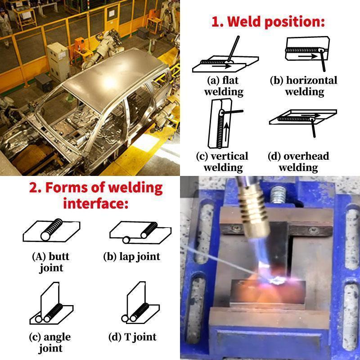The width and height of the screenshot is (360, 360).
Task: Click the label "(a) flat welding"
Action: tap(224, 86)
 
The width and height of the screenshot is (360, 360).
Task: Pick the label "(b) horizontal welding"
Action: tap(304, 86)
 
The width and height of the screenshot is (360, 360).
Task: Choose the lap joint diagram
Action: tap(139, 232)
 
